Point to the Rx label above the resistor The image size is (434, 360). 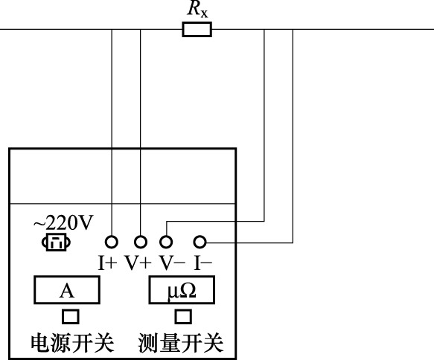click(x=197, y=9)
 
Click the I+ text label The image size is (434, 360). click(x=108, y=263)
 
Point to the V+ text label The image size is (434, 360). click(x=138, y=263)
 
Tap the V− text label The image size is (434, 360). click(x=172, y=263)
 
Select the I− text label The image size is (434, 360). click(x=203, y=263)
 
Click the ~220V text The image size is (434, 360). click(x=63, y=223)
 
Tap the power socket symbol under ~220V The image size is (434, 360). click(x=56, y=242)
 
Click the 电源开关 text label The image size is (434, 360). click(x=72, y=343)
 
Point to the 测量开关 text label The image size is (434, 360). click(x=180, y=343)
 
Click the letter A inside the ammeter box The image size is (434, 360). click(x=67, y=291)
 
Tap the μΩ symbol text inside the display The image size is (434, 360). click(x=182, y=292)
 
